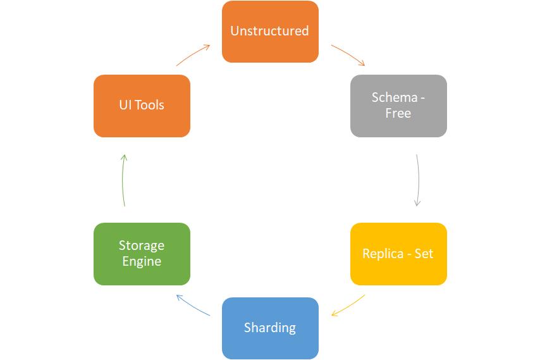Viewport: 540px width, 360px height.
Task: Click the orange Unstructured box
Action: point(270,32)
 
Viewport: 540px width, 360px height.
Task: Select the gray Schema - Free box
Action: point(398,106)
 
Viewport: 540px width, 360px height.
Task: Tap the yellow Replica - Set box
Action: point(398,254)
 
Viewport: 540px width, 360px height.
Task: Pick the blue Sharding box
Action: point(270,328)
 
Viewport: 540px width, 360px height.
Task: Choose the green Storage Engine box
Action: point(142,254)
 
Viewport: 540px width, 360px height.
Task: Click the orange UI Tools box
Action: point(142,106)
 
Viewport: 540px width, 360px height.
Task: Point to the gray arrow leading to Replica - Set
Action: point(419,180)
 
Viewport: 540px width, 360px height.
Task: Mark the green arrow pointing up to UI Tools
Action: point(123,180)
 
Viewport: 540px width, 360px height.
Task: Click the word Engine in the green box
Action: point(142,262)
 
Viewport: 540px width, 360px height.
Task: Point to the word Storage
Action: point(142,245)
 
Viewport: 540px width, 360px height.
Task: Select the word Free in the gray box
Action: point(398,113)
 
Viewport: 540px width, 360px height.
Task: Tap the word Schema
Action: point(395,97)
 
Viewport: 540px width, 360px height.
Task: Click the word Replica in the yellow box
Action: point(383,254)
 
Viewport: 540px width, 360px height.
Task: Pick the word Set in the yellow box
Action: point(424,254)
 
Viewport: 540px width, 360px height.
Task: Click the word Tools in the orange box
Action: point(149,105)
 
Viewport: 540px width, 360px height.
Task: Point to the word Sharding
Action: point(270,328)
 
